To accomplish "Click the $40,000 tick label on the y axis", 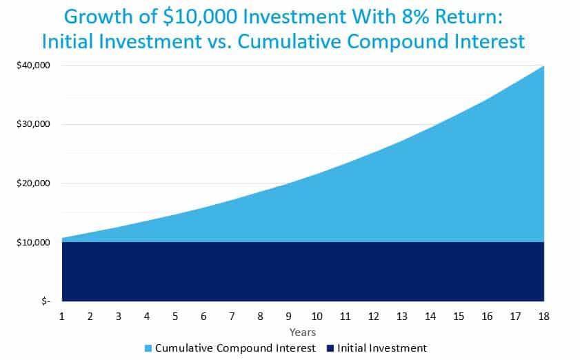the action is click(x=33, y=65).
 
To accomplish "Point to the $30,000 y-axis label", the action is click(x=33, y=124).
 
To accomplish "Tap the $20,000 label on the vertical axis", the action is click(x=33, y=183).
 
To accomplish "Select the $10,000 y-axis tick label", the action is click(x=33, y=242).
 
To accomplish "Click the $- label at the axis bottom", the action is click(x=46, y=301).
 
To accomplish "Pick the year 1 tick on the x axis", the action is click(x=62, y=317).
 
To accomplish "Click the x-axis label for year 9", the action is click(x=288, y=317).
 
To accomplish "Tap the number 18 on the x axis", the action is click(x=543, y=317).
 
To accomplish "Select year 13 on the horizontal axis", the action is click(x=401, y=317).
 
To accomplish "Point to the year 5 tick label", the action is click(x=175, y=317).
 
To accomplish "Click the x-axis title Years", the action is click(x=303, y=332).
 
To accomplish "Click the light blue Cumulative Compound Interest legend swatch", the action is click(x=148, y=348).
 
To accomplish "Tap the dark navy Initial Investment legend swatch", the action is click(x=330, y=348).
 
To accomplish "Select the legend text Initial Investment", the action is click(x=382, y=348).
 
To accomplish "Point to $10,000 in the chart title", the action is click(x=200, y=17).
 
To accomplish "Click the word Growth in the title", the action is click(x=98, y=17).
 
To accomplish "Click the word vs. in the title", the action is click(x=219, y=42).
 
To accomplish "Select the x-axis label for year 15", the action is click(x=459, y=317).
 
